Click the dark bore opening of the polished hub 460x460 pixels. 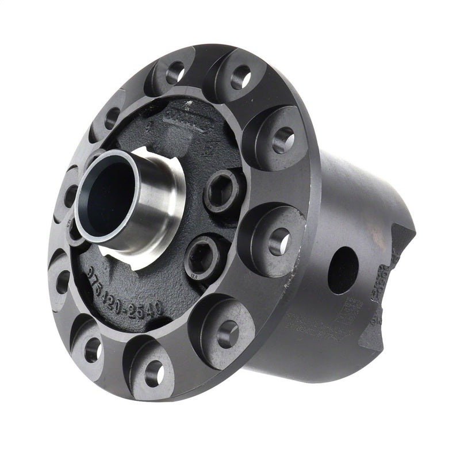click(x=103, y=193)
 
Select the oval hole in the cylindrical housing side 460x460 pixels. click(x=343, y=270)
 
